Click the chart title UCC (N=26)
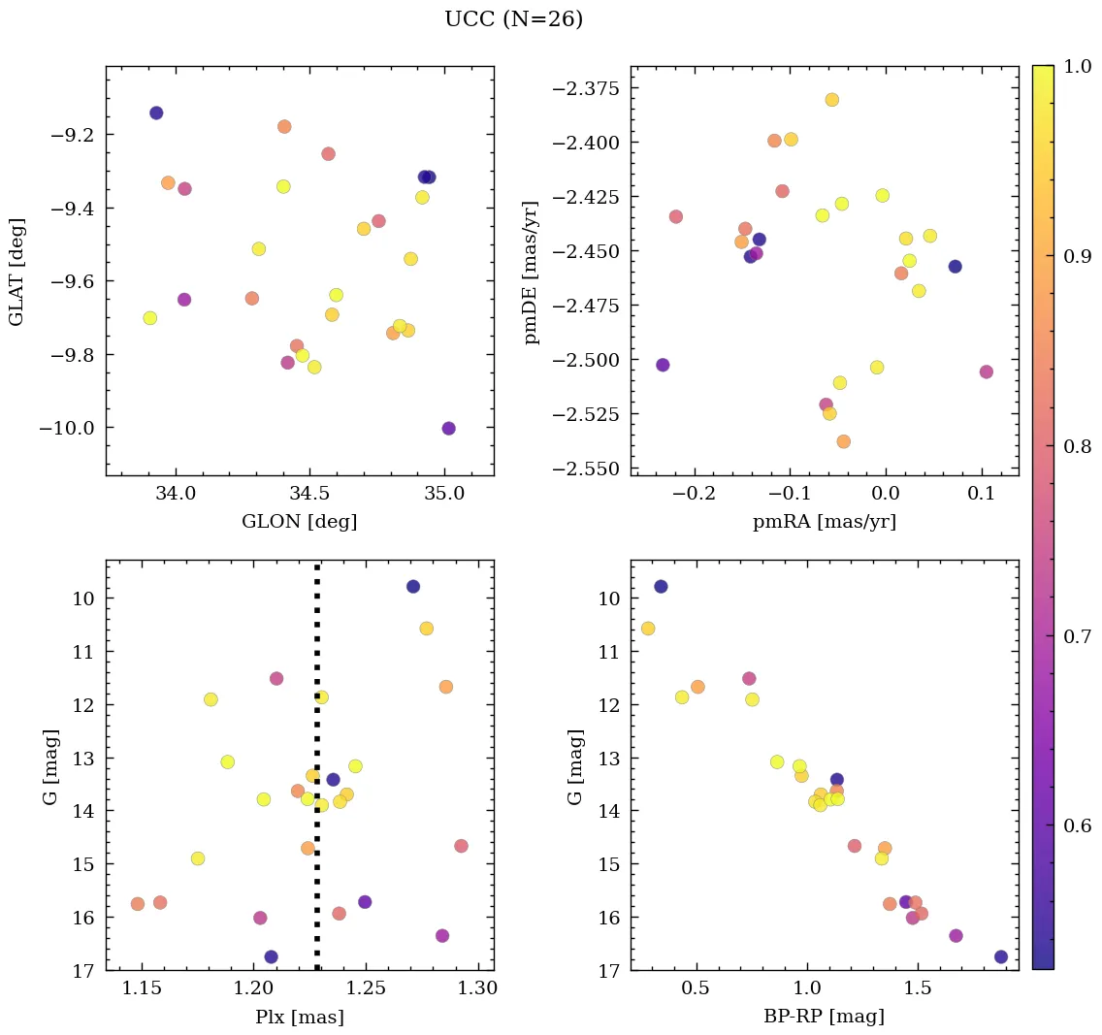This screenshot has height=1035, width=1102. pyautogui.click(x=513, y=19)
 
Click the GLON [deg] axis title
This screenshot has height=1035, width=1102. pyautogui.click(x=299, y=522)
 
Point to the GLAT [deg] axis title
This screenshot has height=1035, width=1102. pyautogui.click(x=16, y=271)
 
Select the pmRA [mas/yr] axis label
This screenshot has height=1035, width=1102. pyautogui.click(x=824, y=522)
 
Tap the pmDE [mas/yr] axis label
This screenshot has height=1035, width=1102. pyautogui.click(x=531, y=271)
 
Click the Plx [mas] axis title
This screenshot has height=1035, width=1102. pyautogui.click(x=299, y=1017)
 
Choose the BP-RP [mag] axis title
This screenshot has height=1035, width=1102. pyautogui.click(x=824, y=1017)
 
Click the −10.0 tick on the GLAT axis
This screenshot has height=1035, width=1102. pyautogui.click(x=66, y=428)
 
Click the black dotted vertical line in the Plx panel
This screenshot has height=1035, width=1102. pyautogui.click(x=317, y=766)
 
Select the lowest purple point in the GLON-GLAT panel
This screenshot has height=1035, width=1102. pyautogui.click(x=448, y=429)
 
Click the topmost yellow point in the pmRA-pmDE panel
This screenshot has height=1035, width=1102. pyautogui.click(x=831, y=100)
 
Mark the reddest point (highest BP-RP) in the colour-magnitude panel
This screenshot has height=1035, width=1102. pyautogui.click(x=1000, y=957)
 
